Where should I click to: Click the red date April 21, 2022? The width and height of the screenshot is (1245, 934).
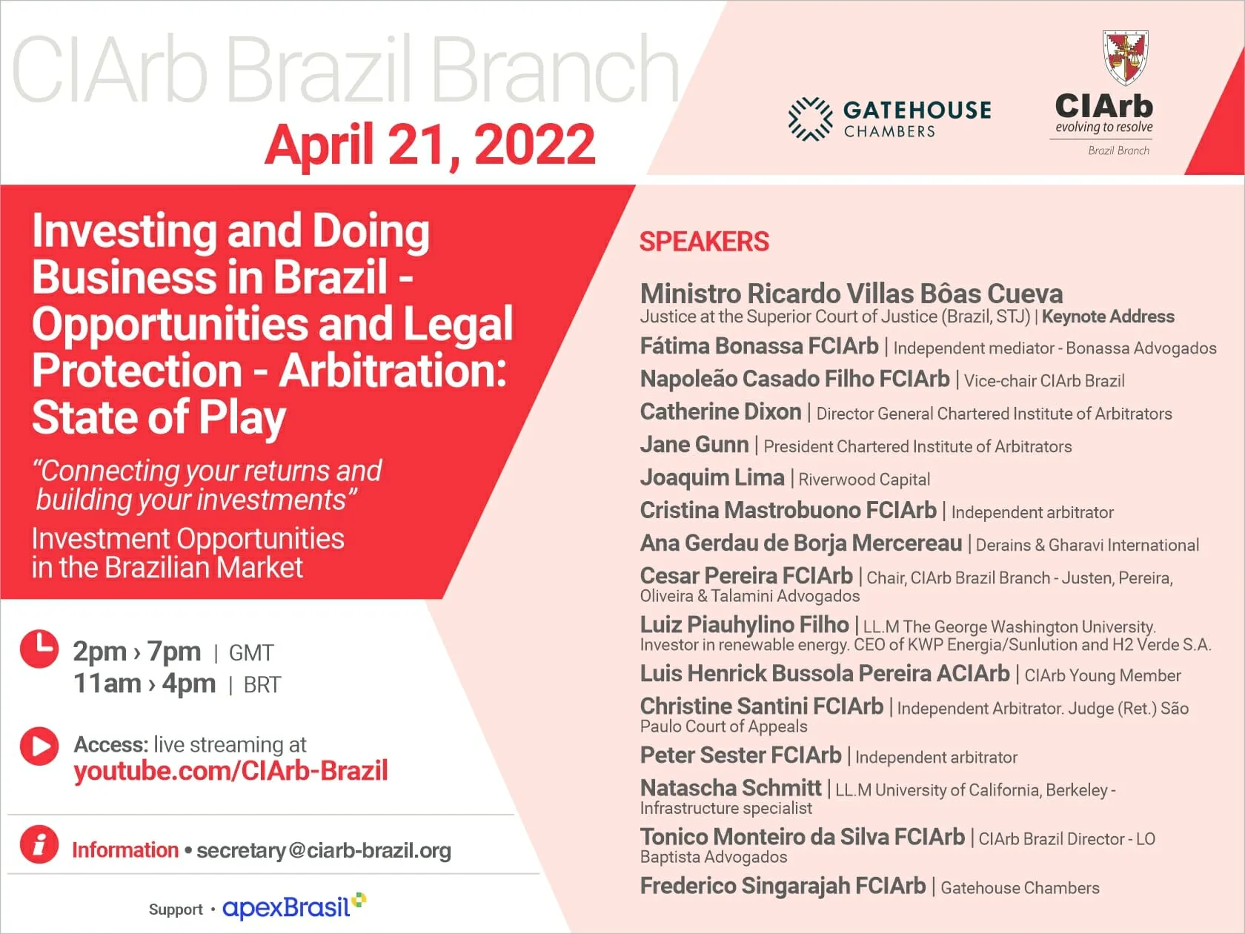coord(430,145)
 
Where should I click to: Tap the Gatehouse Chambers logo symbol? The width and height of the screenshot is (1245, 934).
coord(811,119)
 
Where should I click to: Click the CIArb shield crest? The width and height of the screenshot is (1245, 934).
coord(1126,57)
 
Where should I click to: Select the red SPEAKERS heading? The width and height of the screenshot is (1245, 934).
coord(704,242)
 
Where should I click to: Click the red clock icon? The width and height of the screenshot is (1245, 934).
coord(39,648)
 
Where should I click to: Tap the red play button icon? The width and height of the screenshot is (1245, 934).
coord(39,746)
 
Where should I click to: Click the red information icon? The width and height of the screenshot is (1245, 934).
coord(39,844)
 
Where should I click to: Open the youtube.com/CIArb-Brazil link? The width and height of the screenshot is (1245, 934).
coord(231,771)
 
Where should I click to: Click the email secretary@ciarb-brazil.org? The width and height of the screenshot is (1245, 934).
coord(324,851)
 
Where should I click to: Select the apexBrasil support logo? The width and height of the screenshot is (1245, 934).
coord(294,907)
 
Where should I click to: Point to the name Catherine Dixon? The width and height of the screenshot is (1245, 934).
coord(721,411)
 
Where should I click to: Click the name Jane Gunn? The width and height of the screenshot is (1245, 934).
coord(695,445)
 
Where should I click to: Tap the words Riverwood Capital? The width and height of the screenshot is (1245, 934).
coord(864,480)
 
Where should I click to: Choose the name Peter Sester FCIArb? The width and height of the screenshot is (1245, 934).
coord(741,755)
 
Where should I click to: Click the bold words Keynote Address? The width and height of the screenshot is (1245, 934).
coord(1109,317)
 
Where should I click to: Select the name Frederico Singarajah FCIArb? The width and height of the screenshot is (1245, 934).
coord(783,886)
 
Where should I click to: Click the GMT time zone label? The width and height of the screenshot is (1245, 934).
coord(251,653)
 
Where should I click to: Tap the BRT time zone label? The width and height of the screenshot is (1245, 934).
coord(262,685)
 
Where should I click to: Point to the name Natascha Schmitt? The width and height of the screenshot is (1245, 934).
coord(731,788)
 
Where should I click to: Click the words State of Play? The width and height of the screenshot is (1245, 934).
coord(159,418)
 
